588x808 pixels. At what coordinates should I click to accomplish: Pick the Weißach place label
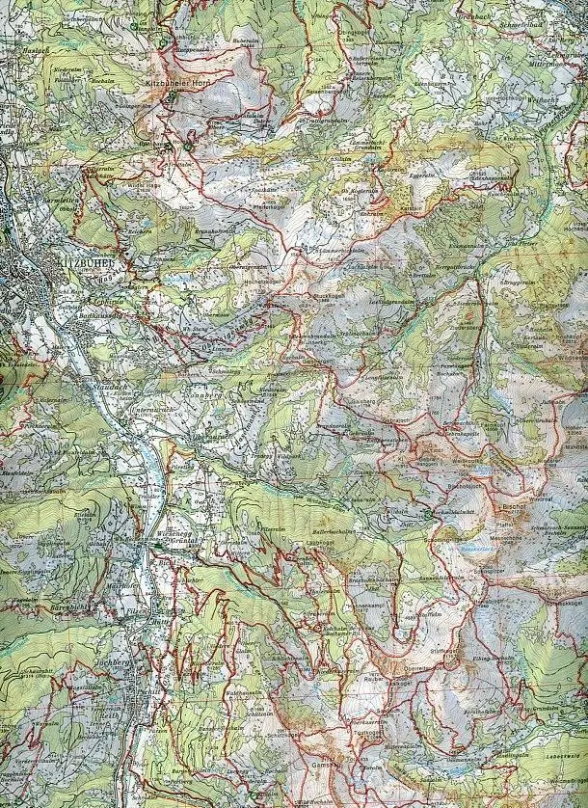point(545,98)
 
